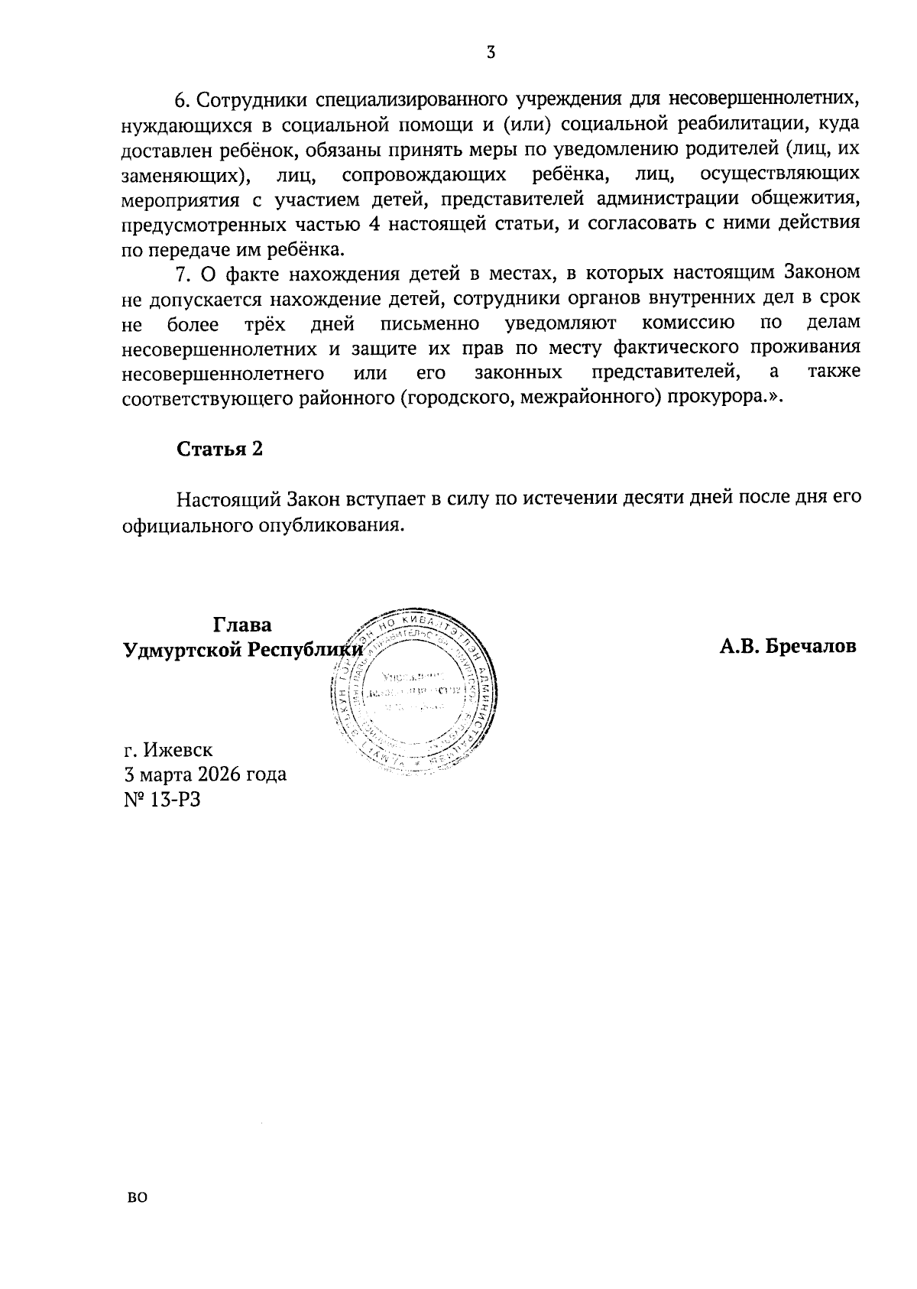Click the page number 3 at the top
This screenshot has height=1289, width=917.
[x=491, y=52]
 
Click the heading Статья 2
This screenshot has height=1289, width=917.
[x=219, y=449]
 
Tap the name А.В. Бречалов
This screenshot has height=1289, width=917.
[x=787, y=647]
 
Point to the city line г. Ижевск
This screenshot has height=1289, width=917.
[x=168, y=749]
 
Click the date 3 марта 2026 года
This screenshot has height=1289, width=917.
[x=205, y=774]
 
